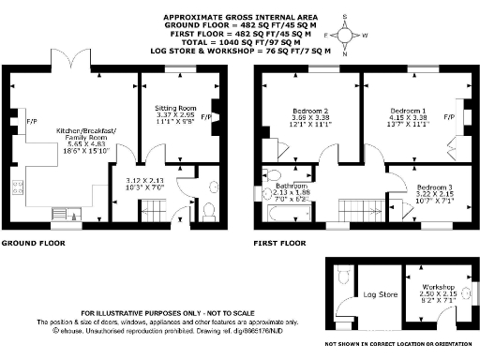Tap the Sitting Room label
coord(174,109)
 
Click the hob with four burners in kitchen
coord(18,185)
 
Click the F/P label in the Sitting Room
coord(205,116)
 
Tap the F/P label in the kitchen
coord(32,121)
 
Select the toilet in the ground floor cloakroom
coord(208,208)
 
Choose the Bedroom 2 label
coord(309,110)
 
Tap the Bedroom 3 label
coord(435,186)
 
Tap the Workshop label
coord(439,286)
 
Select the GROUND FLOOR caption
coord(32,243)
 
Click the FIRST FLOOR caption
coord(280,243)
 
